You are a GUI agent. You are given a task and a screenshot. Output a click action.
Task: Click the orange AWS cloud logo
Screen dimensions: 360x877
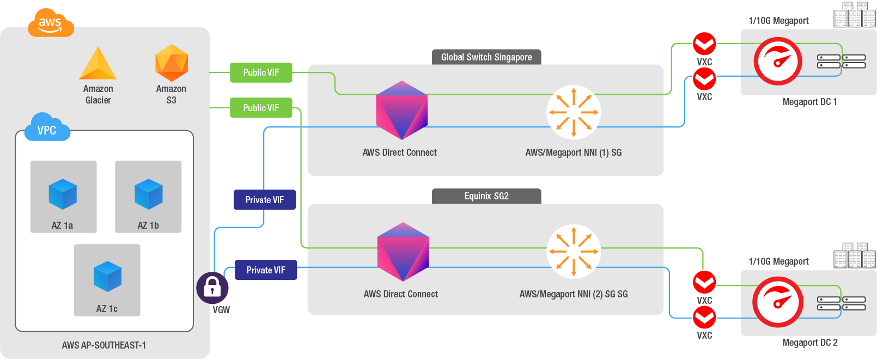coord(50,23)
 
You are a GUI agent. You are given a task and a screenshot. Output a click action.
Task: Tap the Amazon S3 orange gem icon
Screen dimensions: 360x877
coord(172,63)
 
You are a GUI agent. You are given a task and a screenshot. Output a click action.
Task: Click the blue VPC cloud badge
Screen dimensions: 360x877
coord(47,129)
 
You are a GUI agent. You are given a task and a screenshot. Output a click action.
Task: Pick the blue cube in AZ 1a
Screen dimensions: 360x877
coord(63,194)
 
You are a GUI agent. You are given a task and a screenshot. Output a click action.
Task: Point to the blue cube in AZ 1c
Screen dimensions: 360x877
coord(107,277)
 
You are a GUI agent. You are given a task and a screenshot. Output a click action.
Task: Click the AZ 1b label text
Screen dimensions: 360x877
coord(148,225)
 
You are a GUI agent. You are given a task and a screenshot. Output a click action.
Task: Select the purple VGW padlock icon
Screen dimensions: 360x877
coord(212,288)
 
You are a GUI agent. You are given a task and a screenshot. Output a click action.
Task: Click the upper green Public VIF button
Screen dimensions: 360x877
coord(261,72)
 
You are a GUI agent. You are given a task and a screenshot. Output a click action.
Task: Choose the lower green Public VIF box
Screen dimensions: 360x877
coord(261,108)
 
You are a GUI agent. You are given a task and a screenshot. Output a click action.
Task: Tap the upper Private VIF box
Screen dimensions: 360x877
coord(264,200)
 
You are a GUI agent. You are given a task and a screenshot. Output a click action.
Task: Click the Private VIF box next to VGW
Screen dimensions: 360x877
coord(266,270)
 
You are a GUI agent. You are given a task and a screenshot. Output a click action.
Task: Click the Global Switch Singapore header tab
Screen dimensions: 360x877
coord(486,57)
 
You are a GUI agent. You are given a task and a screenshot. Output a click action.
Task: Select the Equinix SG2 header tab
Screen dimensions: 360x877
coord(486,196)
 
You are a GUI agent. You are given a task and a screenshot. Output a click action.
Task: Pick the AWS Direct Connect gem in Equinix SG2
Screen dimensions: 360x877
coord(403,252)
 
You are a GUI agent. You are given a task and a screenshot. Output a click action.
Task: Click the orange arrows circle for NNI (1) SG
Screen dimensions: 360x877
coord(574,112)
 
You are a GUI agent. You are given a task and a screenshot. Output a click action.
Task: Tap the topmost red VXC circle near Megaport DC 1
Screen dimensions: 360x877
coord(704,44)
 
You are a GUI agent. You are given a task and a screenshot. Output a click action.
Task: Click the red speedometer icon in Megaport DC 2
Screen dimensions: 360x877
coord(778,302)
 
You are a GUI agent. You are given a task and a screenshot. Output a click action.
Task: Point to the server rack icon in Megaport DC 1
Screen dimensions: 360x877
coord(841,62)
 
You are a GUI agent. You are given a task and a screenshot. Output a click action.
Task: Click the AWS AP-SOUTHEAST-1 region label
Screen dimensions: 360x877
coord(104,345)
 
